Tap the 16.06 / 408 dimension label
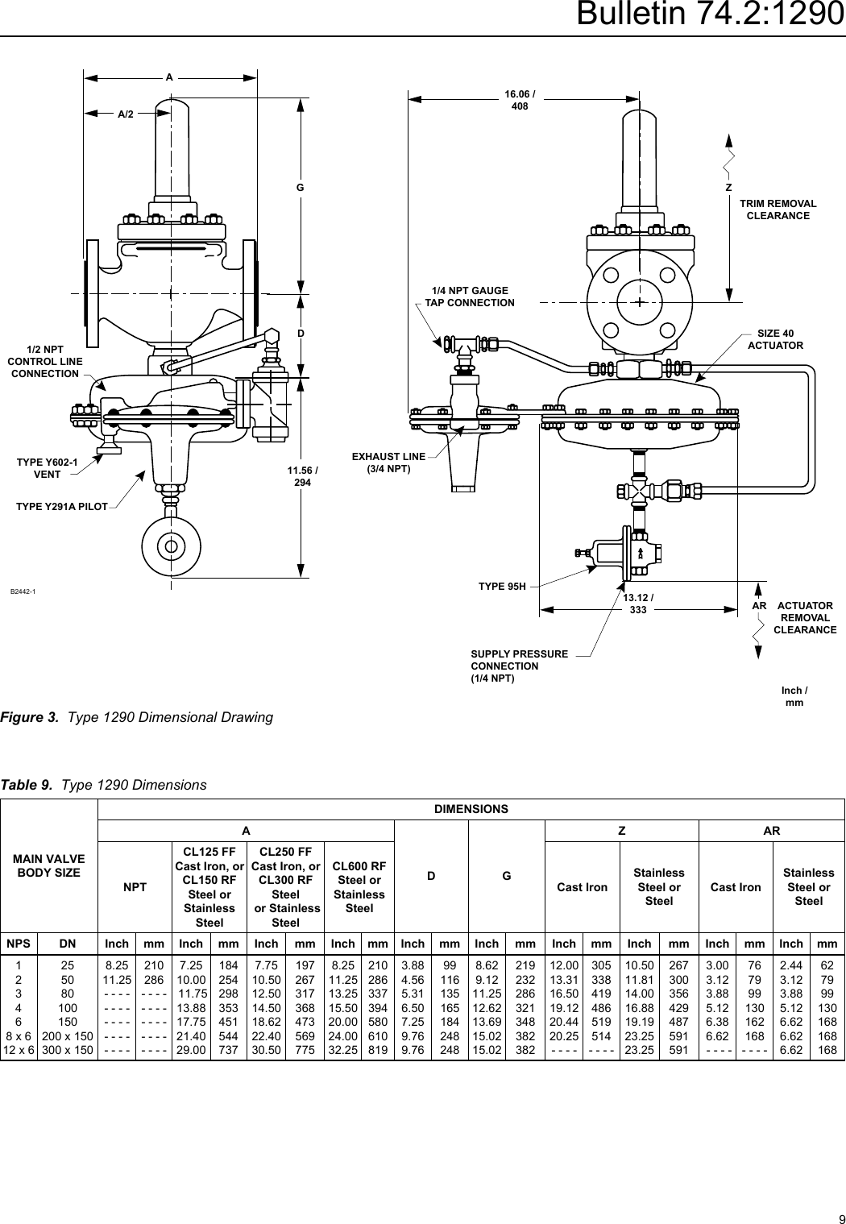point(520,100)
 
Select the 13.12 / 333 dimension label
point(638,604)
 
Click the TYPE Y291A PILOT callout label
point(62,507)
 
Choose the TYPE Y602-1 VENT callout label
point(47,468)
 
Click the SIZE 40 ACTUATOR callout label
point(775,339)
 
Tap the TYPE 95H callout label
point(502,586)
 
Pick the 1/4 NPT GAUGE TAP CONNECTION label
point(470,297)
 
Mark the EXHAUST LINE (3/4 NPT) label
point(388,463)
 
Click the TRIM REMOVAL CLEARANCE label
point(778,210)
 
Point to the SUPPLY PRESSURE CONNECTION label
point(519,666)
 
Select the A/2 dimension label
point(126,114)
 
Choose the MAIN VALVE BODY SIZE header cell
point(49,866)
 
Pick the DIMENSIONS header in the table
point(471,809)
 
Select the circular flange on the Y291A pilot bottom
point(171,546)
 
